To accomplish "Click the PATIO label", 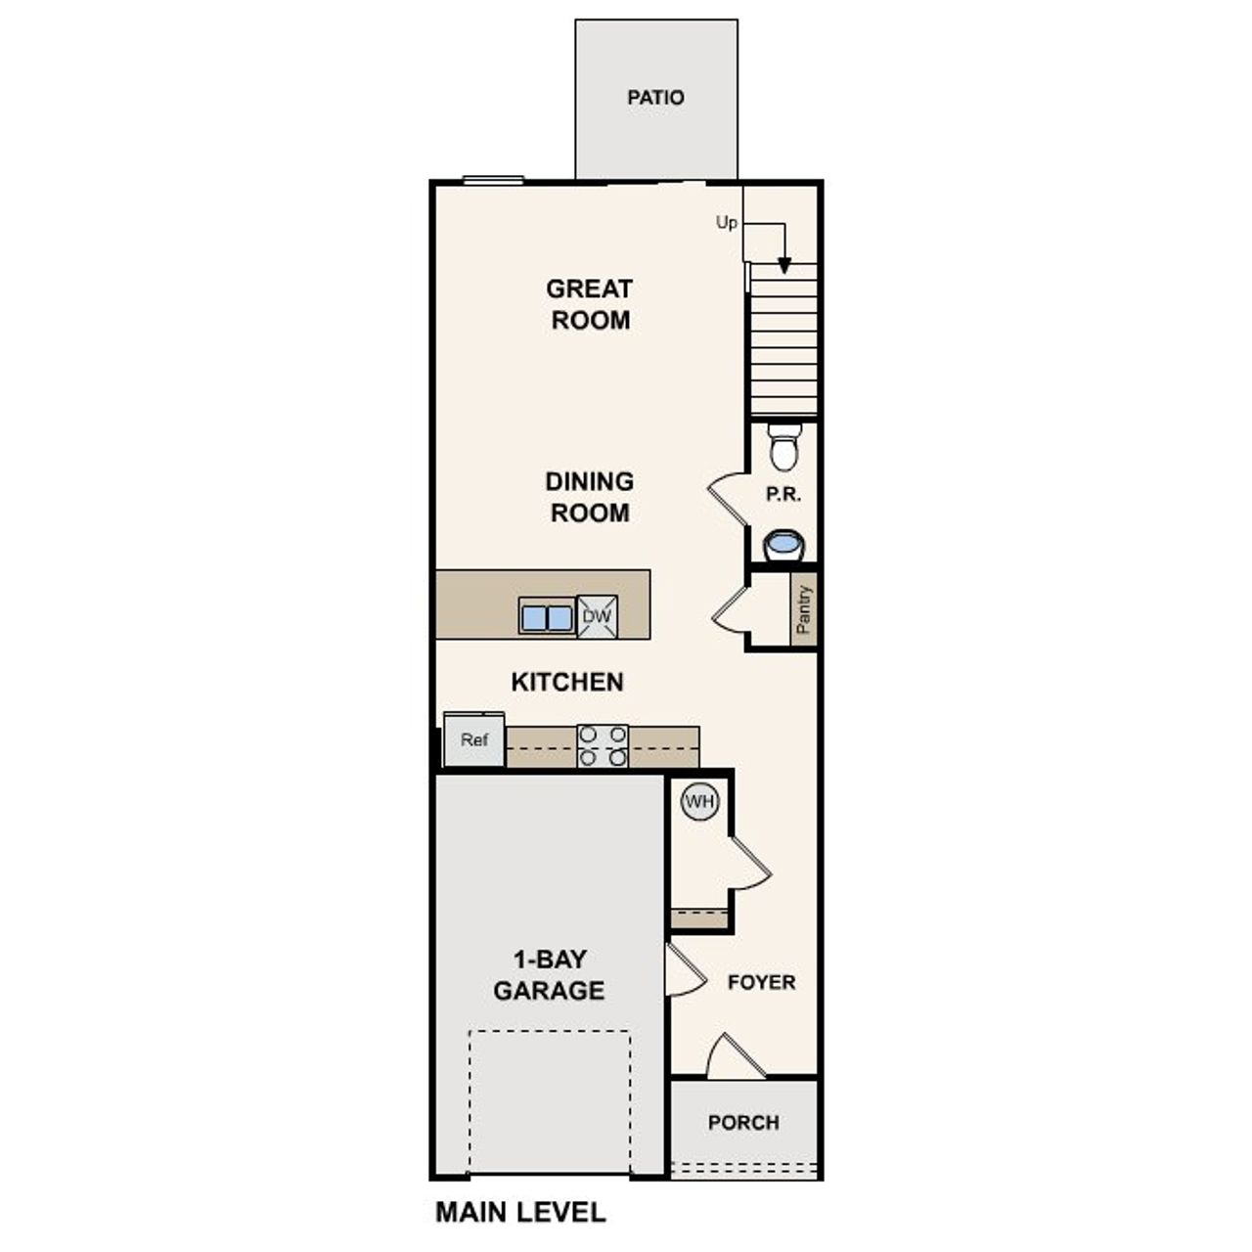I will point(655,98).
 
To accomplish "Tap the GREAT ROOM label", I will point(589,304).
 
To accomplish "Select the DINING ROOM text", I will point(589,497).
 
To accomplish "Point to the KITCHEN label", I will point(567,682).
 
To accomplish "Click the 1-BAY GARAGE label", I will point(549,974).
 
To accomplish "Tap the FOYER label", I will point(761,982).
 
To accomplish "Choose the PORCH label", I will point(743,1123).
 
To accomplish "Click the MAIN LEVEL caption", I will point(520,1213).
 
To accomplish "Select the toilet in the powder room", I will point(783,448).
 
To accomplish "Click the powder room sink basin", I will point(783,543).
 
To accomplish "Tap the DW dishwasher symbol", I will point(597,616).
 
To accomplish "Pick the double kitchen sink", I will point(546,617).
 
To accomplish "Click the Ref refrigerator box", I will point(474,740).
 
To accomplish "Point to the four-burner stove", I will point(603,745).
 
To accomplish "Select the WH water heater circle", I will point(699,802).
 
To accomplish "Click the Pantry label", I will point(804,610).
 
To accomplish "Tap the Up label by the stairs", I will point(726,223).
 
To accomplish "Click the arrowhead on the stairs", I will point(784,265).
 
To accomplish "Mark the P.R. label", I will point(783,495).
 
